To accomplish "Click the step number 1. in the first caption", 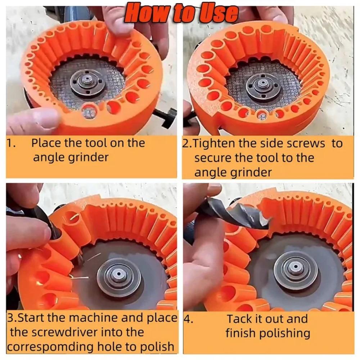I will click(10, 143).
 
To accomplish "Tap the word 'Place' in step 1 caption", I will click(46, 143).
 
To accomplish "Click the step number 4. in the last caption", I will click(188, 319).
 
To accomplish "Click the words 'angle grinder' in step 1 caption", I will click(71, 157).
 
